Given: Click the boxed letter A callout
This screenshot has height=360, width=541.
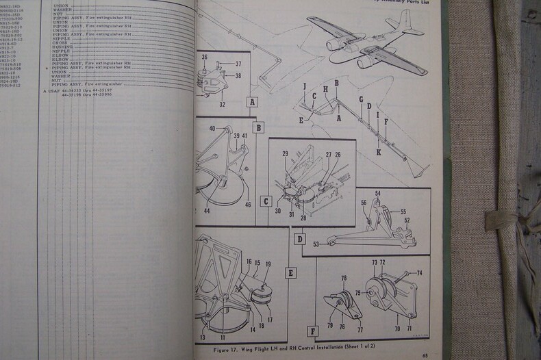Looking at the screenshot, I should (x=253, y=104).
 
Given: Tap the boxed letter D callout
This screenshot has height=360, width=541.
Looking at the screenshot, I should (x=299, y=239).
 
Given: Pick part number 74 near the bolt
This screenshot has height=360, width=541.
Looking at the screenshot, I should (x=420, y=273).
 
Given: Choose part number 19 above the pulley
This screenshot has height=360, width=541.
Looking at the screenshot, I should (x=268, y=264).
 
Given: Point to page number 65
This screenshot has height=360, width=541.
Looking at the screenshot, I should (x=425, y=355).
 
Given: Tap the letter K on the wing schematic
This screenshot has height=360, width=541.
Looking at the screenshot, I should (x=378, y=152).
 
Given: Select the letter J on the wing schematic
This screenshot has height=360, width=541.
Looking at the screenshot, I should (x=303, y=86).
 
